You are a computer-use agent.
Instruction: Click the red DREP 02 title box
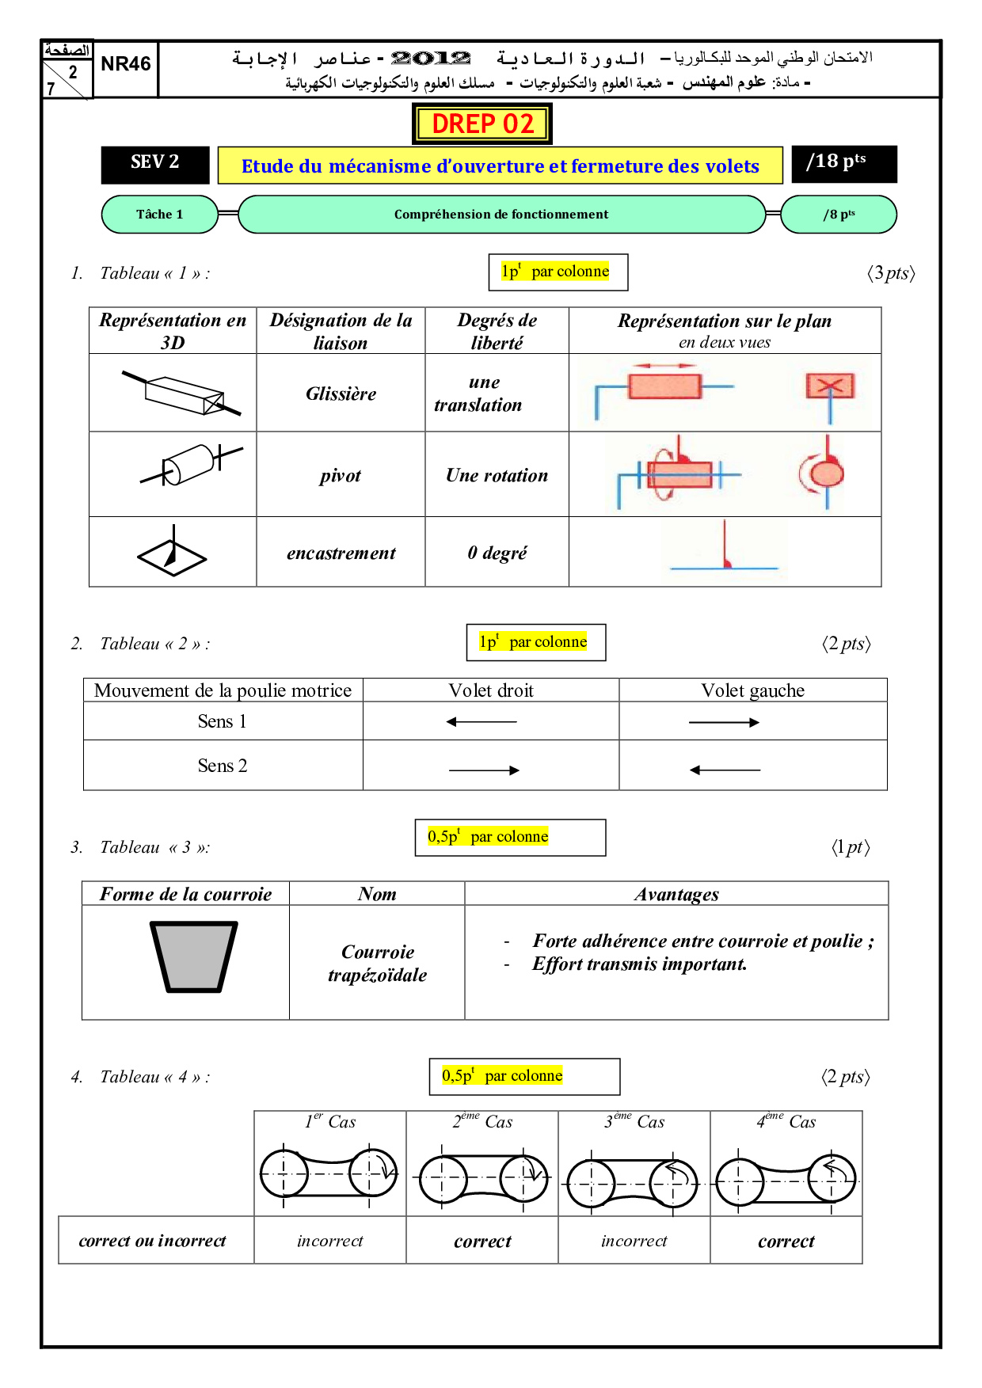point(482,124)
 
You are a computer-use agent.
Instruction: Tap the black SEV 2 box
point(155,163)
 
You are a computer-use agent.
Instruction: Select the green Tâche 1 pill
point(159,215)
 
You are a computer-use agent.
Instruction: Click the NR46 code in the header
point(126,64)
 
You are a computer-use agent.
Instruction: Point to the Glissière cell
point(341,394)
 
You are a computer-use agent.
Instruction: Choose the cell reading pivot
point(341,476)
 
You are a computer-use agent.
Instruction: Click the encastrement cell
point(341,553)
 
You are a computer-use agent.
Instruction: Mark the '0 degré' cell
point(497,553)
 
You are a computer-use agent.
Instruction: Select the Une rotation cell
point(497,476)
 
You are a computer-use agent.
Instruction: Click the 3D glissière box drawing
point(183,394)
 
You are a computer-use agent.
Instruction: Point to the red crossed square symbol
point(829,387)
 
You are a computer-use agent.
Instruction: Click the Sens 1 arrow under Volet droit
point(481,722)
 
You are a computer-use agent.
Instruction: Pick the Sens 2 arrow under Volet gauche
point(725,770)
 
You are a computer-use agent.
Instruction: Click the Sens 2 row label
point(223,766)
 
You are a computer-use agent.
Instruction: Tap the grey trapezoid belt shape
point(193,956)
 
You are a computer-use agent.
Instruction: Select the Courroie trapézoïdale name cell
point(377,963)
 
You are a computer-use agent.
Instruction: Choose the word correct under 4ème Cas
point(786,1242)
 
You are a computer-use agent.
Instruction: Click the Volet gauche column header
point(752,690)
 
